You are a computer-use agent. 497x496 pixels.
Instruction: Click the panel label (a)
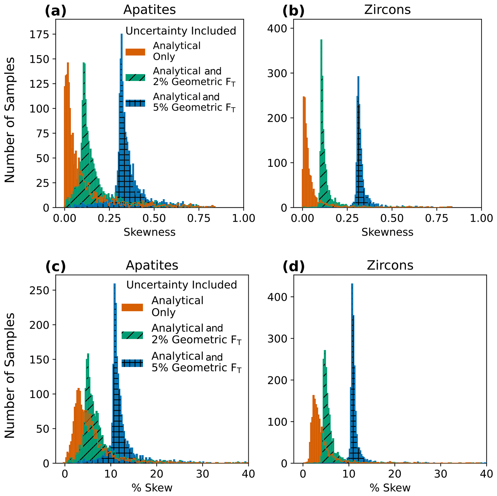(56, 11)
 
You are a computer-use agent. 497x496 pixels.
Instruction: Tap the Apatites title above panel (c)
(152, 265)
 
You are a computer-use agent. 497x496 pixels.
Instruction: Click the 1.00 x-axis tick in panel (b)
(481, 218)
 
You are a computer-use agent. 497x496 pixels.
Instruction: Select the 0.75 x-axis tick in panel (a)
(199, 218)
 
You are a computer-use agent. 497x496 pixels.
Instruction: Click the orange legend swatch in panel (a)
(135, 52)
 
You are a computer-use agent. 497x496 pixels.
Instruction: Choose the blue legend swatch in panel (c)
(132, 363)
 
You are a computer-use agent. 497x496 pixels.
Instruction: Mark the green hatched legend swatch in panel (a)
(135, 77)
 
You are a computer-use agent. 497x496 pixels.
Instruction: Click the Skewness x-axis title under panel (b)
(387, 232)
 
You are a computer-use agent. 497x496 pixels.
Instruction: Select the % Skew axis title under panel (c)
(152, 488)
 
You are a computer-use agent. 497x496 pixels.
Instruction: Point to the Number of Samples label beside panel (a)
(10, 120)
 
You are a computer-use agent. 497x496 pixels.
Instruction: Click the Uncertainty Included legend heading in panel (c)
(182, 285)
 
